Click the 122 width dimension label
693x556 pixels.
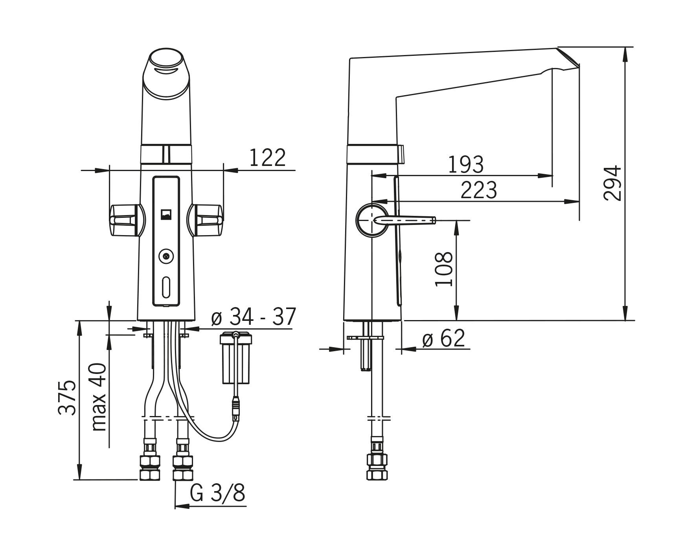tap(267, 158)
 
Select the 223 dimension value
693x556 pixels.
tap(479, 190)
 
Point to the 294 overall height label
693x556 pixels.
tap(612, 184)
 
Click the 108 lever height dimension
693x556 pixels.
tap(444, 269)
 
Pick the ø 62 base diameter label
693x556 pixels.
tap(443, 338)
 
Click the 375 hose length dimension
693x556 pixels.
tap(67, 397)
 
